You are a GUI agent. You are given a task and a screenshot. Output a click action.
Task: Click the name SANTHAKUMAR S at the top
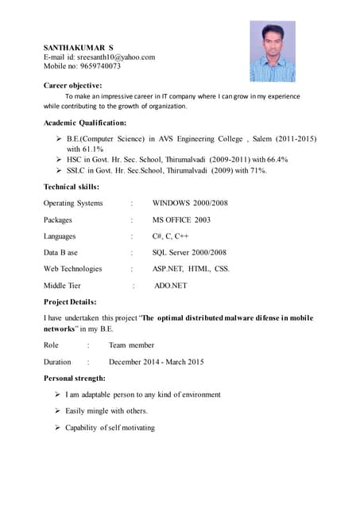78,48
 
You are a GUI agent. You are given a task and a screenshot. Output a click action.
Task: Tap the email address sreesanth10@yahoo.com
118,57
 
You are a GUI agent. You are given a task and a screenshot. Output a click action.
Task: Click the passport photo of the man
273,52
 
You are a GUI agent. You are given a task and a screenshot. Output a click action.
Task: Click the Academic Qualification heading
84,122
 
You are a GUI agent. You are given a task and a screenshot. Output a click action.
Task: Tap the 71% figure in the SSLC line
256,170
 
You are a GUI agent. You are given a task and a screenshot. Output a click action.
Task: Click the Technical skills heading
71,186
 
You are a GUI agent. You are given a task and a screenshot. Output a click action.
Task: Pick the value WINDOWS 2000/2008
190,203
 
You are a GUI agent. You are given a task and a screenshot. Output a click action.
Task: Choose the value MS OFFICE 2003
181,220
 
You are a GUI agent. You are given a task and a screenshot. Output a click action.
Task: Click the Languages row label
60,236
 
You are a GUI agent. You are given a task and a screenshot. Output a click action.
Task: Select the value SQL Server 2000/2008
189,252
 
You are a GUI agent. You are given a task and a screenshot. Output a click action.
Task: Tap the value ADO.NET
170,285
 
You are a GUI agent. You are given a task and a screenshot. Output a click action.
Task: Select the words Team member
131,345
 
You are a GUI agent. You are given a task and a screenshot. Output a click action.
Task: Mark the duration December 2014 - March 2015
156,362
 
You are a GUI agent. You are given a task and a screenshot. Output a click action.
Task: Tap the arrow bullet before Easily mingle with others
58,410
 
